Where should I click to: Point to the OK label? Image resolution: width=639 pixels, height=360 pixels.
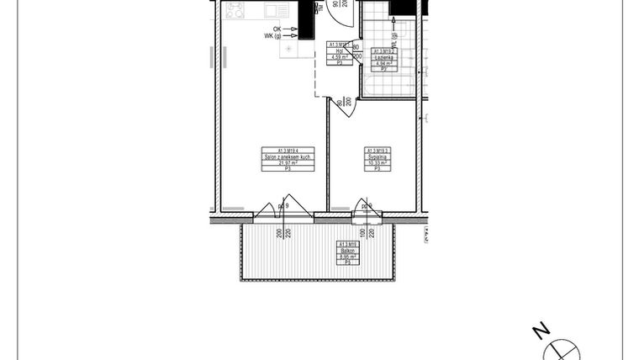pyautogui.click(x=277, y=29)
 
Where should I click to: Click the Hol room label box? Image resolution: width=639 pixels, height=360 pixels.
pyautogui.click(x=341, y=52)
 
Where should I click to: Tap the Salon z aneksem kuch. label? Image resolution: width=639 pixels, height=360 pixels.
pyautogui.click(x=287, y=156)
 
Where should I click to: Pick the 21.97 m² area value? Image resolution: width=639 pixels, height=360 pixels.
pyautogui.click(x=287, y=163)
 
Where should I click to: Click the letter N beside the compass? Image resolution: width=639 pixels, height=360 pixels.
pyautogui.click(x=544, y=329)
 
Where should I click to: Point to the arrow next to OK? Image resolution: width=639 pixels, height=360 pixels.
pyautogui.click(x=294, y=29)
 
